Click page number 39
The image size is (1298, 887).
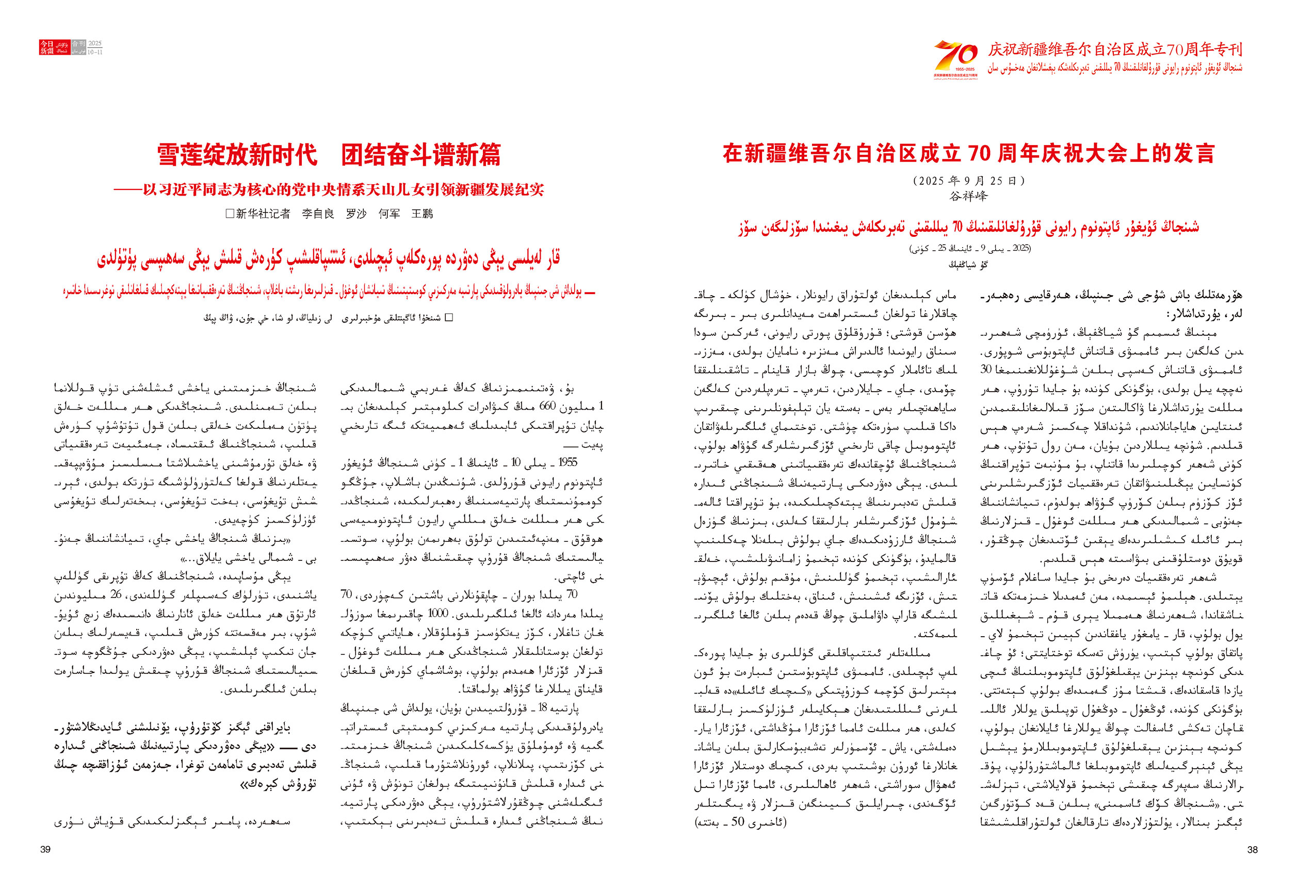click(46, 849)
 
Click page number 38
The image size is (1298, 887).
click(1252, 849)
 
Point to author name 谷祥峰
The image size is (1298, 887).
click(968, 196)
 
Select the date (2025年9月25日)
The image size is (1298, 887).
click(968, 181)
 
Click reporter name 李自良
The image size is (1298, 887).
click(318, 214)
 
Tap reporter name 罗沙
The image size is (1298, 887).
click(356, 214)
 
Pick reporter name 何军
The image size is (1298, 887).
click(389, 214)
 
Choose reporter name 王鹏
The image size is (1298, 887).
click(421, 214)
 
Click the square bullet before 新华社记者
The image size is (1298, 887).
click(229, 214)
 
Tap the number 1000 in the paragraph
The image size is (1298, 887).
click(438, 614)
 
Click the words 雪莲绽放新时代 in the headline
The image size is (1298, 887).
click(237, 155)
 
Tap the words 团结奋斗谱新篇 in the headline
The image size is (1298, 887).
click(421, 155)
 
